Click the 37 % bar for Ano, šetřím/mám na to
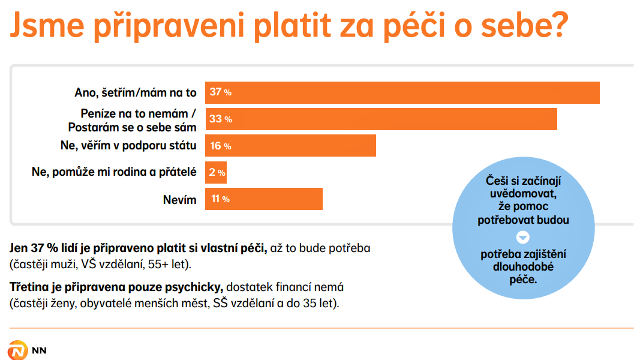(x=402, y=92)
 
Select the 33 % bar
(x=381, y=119)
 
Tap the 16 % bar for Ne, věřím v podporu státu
(x=290, y=146)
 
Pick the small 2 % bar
(x=216, y=172)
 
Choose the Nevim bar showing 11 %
(x=264, y=199)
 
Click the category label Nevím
(x=180, y=200)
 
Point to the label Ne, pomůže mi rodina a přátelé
(x=114, y=172)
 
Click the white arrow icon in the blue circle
(x=523, y=237)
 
